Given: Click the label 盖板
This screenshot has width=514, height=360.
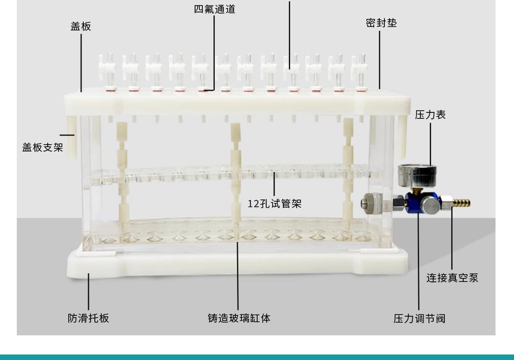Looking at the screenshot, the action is [x=81, y=26].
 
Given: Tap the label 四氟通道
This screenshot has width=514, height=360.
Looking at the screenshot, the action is [x=215, y=9].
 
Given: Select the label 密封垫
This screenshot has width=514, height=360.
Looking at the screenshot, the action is [x=381, y=23].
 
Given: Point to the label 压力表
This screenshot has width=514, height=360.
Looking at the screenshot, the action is [x=430, y=115].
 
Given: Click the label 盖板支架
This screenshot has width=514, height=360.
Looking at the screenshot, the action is [x=42, y=147].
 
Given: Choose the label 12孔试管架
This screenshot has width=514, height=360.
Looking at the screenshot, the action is [x=274, y=204].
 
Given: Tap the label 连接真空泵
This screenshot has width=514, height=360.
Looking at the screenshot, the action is [x=452, y=278].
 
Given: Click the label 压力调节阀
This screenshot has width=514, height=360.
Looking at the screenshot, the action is [x=419, y=319].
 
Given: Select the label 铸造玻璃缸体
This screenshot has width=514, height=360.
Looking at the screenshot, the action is [x=239, y=318].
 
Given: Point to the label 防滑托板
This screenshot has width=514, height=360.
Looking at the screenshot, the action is [x=88, y=318].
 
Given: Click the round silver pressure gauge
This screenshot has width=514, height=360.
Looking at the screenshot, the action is [x=417, y=175].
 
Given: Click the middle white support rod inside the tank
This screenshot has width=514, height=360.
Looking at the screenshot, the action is [x=235, y=171].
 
